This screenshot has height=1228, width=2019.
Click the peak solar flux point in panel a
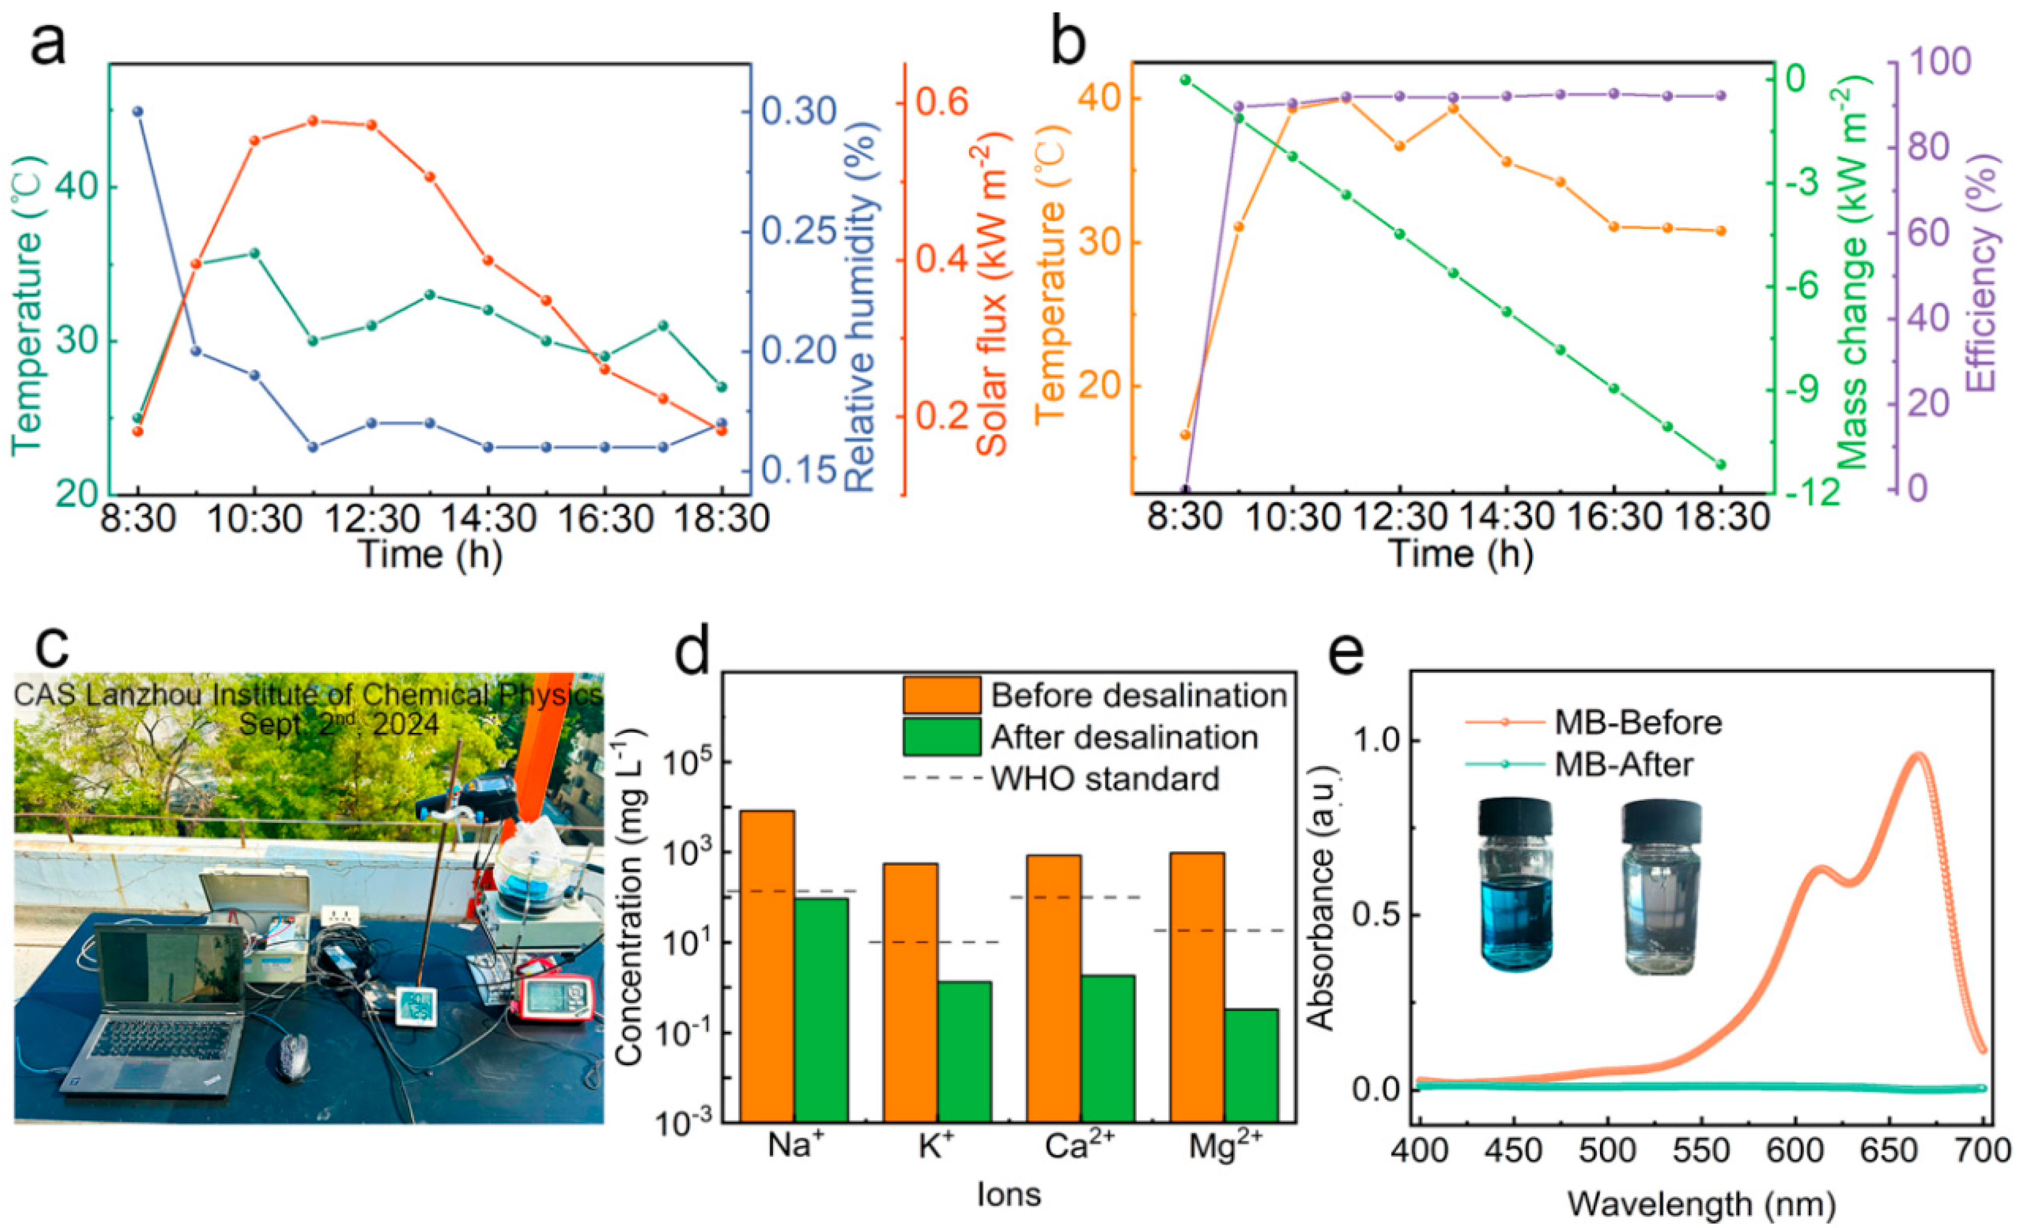tap(312, 120)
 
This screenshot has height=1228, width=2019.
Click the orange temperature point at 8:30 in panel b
tap(1185, 434)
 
